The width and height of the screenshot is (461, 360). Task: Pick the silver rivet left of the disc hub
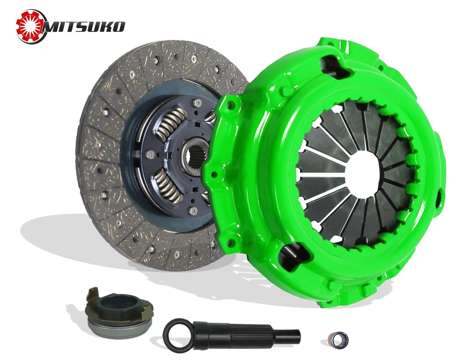pyautogui.click(x=151, y=154)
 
